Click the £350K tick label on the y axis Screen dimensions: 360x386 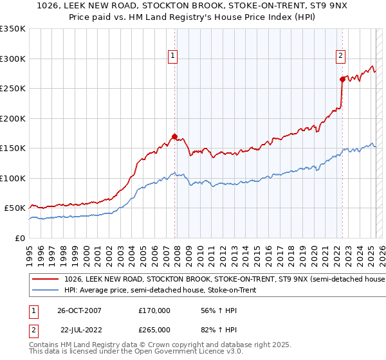point(12,29)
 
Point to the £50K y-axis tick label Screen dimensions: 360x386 point(15,208)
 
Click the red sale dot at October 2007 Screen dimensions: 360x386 point(174,136)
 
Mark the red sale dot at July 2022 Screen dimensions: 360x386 point(342,79)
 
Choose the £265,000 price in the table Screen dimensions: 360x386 point(154,330)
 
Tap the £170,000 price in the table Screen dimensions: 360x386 point(154,310)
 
